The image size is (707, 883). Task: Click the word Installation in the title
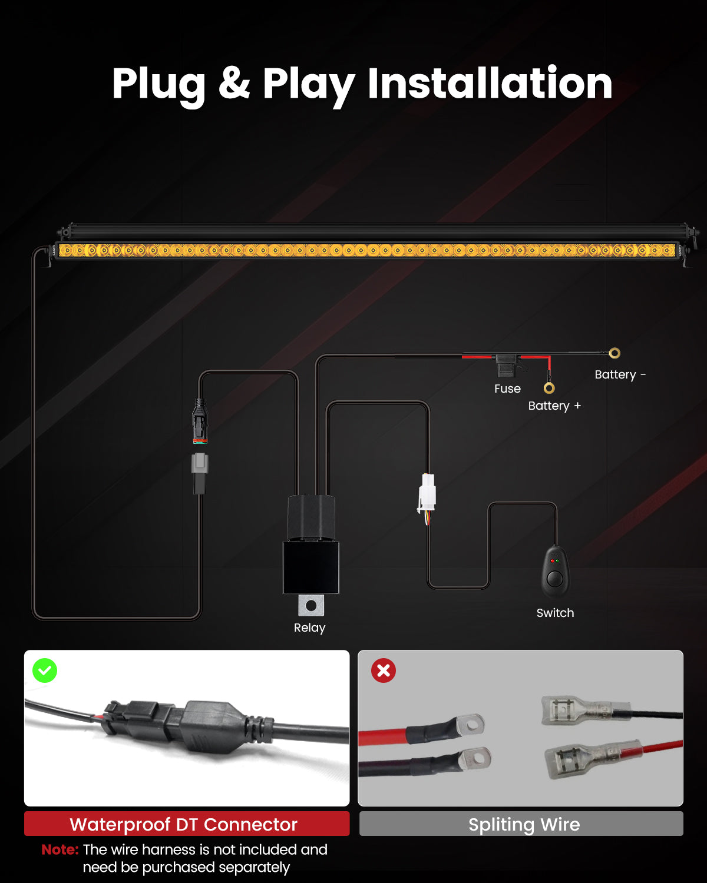tap(490, 84)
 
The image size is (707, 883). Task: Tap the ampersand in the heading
tap(234, 84)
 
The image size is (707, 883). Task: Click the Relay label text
tap(310, 628)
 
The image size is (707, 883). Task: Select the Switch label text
tap(555, 613)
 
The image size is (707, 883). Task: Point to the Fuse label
tap(507, 389)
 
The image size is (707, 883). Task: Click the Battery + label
tap(554, 406)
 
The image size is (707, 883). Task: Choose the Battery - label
tap(620, 374)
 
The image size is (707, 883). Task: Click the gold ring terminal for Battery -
tap(615, 353)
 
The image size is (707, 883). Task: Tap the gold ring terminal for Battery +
tap(549, 388)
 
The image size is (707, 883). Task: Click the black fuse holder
tap(506, 366)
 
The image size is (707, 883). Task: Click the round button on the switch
tap(555, 579)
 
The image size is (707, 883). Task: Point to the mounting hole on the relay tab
tap(311, 605)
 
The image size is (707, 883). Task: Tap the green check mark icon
tap(45, 670)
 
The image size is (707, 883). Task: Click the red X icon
tap(384, 670)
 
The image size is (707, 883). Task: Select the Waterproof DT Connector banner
tap(187, 824)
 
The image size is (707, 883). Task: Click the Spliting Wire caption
tap(524, 825)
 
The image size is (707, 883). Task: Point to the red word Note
tap(60, 849)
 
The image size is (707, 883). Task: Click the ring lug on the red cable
tap(470, 724)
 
